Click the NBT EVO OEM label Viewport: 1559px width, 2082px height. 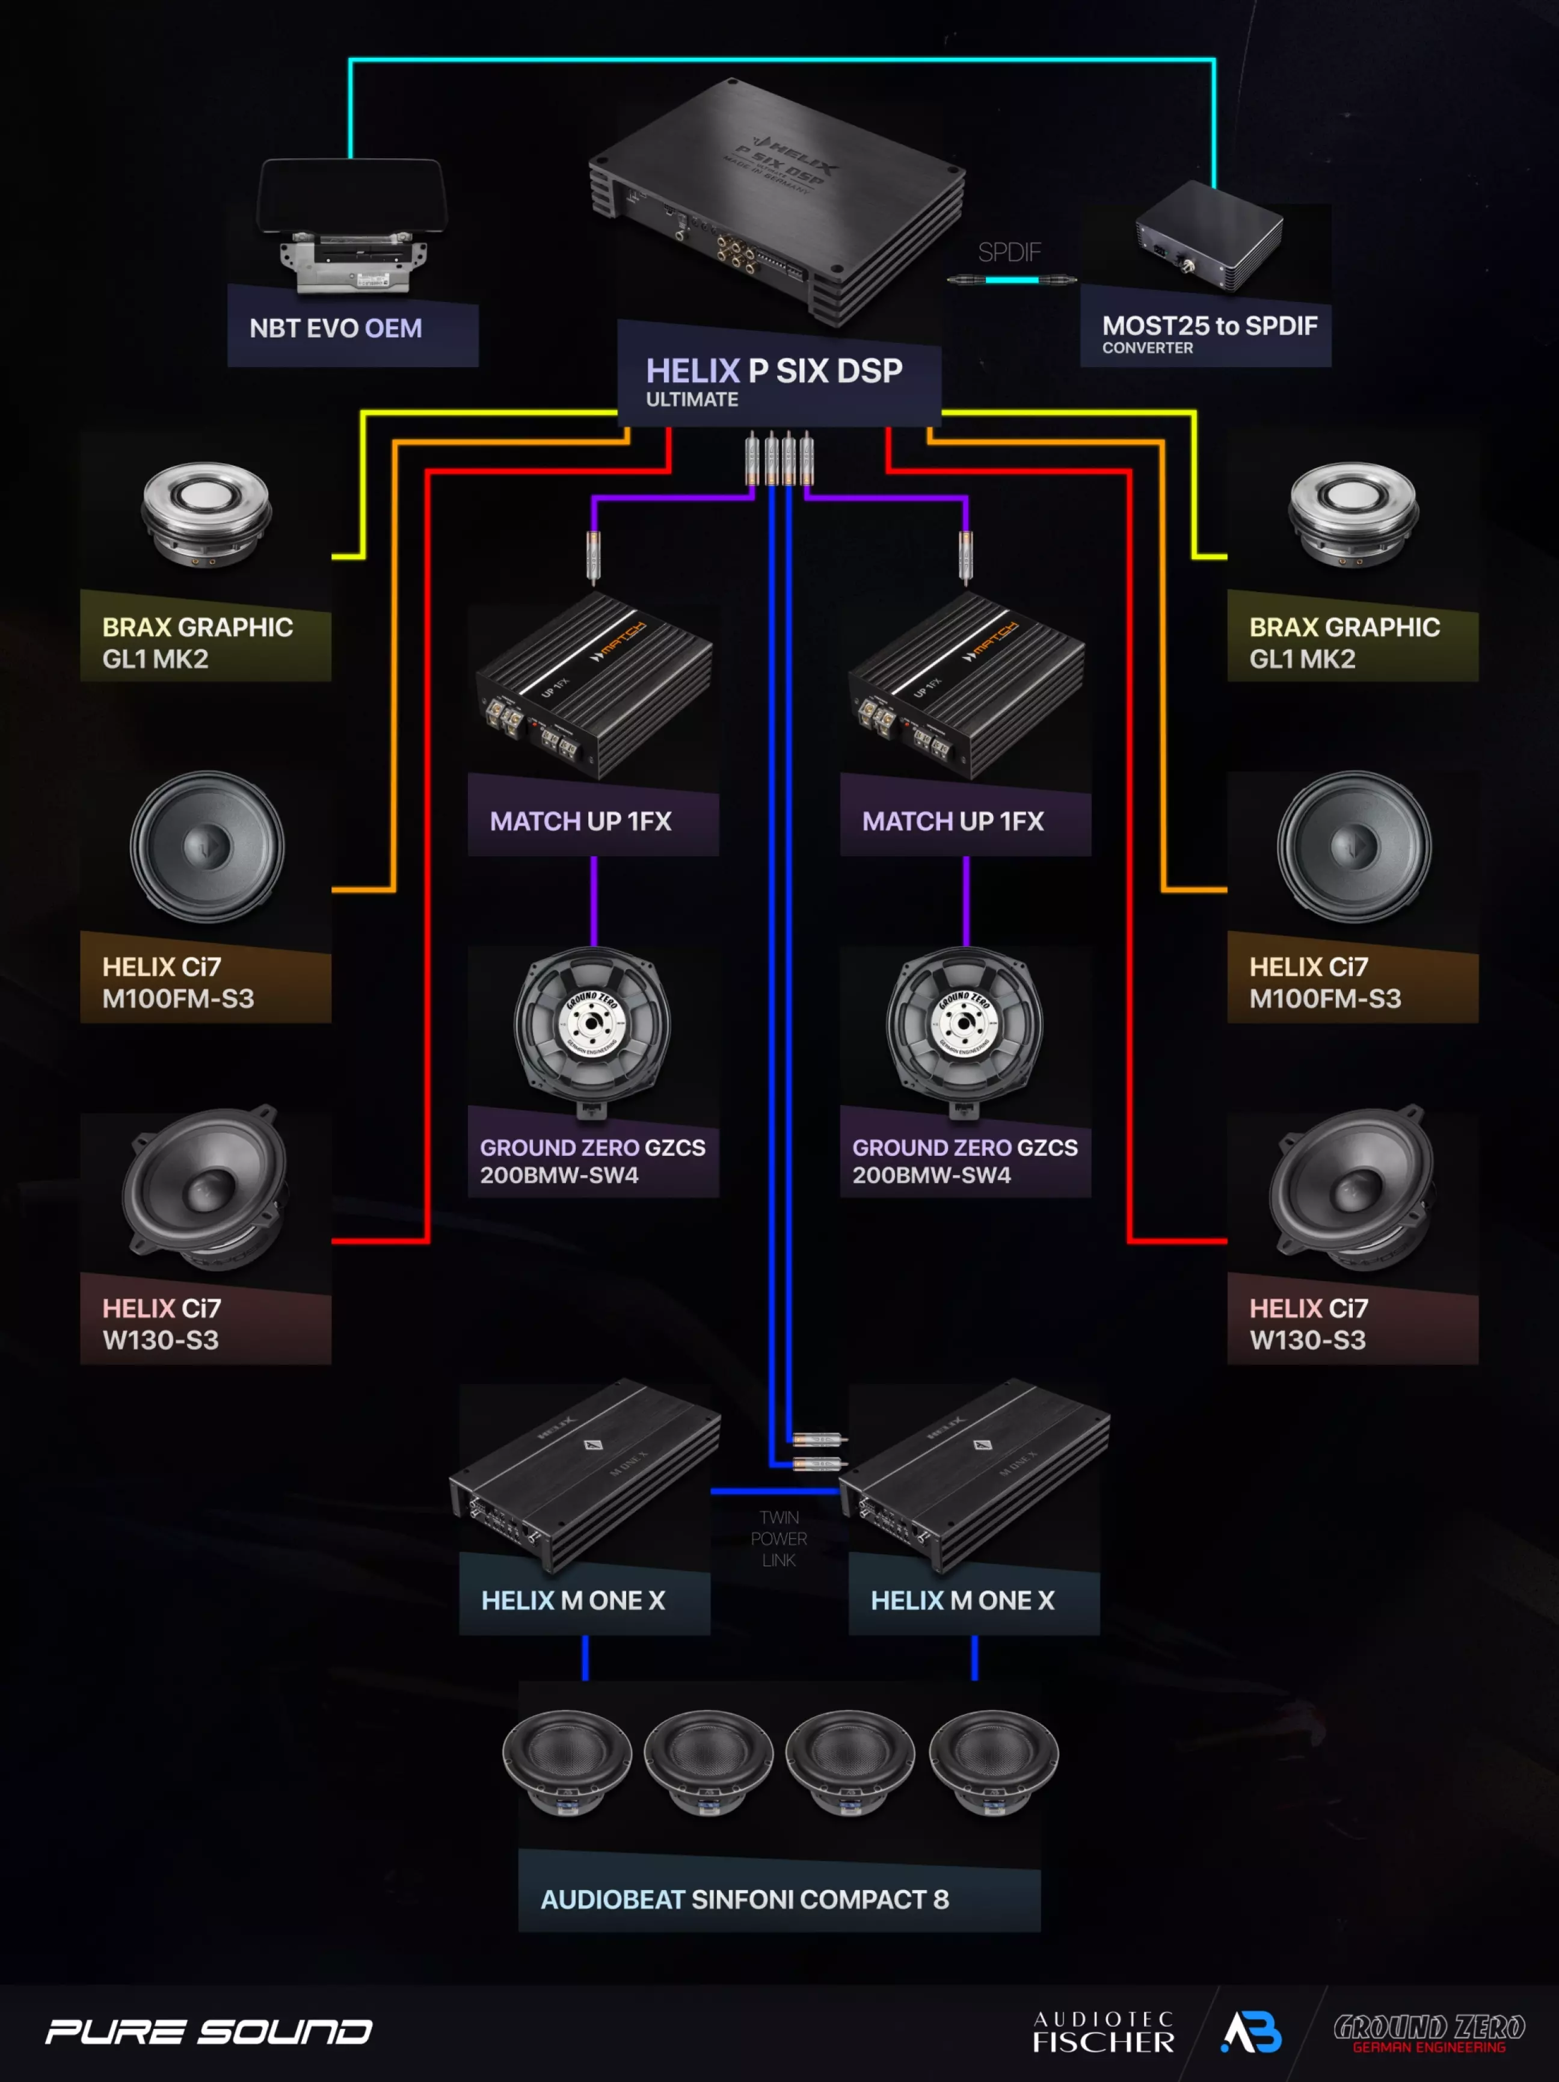click(x=336, y=329)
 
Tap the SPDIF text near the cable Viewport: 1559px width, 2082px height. click(x=1009, y=252)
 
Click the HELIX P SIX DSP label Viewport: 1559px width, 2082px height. click(x=773, y=372)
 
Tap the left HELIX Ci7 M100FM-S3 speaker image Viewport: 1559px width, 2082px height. click(x=207, y=847)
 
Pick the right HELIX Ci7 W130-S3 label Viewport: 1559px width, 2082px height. click(x=1308, y=1323)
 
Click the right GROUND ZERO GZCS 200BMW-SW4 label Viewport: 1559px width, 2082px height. click(x=964, y=1161)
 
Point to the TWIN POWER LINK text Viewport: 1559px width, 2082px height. click(x=779, y=1538)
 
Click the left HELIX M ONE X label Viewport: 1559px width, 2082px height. click(x=573, y=1600)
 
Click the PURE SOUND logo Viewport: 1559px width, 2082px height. click(x=209, y=2032)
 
